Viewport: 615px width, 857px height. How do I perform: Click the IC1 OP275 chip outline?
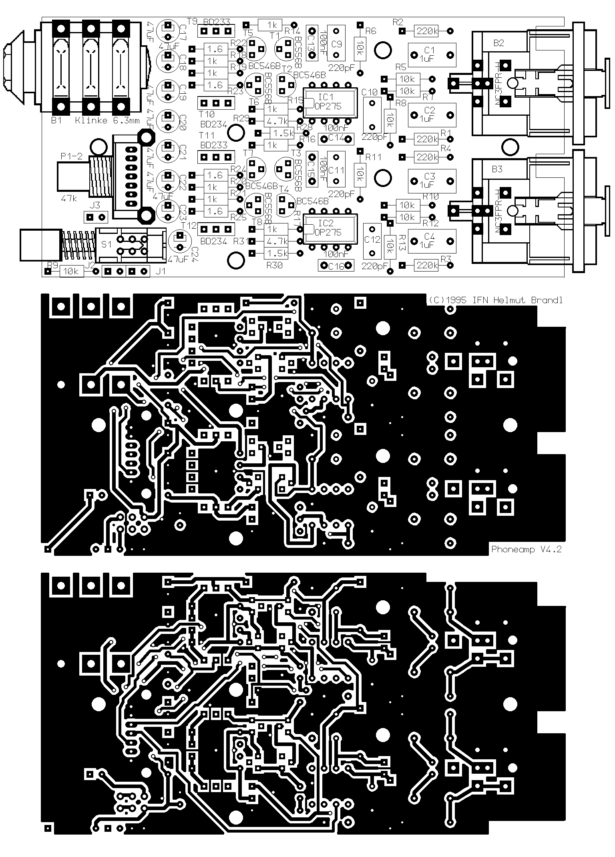point(330,103)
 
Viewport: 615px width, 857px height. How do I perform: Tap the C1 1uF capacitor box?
point(432,55)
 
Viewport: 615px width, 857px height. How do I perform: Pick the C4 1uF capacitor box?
point(432,241)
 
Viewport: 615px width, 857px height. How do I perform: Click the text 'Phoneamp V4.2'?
point(526,549)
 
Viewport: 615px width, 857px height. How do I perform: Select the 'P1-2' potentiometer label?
point(71,156)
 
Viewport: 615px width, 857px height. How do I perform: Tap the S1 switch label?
point(106,244)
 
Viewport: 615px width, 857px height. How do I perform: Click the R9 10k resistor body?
point(71,272)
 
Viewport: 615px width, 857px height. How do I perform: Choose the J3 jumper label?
point(95,206)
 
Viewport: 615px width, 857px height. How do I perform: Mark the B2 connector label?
point(498,43)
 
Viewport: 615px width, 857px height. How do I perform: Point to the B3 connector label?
point(497,169)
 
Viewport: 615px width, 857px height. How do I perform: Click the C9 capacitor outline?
point(336,44)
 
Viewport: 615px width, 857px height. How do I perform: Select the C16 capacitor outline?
point(336,266)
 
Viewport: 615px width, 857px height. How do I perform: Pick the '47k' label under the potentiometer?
point(69,198)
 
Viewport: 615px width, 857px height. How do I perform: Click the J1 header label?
point(160,271)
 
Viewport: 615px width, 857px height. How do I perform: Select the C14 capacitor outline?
point(336,139)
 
